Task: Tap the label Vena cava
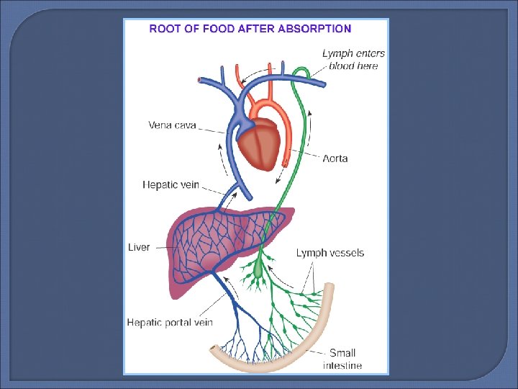click(x=172, y=125)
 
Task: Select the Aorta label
click(x=335, y=158)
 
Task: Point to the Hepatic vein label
click(x=171, y=185)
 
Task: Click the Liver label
click(x=139, y=247)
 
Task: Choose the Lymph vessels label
click(x=330, y=253)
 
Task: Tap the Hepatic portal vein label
click(x=170, y=323)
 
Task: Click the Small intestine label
click(x=342, y=359)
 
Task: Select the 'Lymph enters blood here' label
click(x=353, y=60)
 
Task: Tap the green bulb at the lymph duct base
click(x=260, y=271)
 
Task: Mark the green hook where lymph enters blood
click(x=304, y=71)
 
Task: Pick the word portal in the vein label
click(x=180, y=323)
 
